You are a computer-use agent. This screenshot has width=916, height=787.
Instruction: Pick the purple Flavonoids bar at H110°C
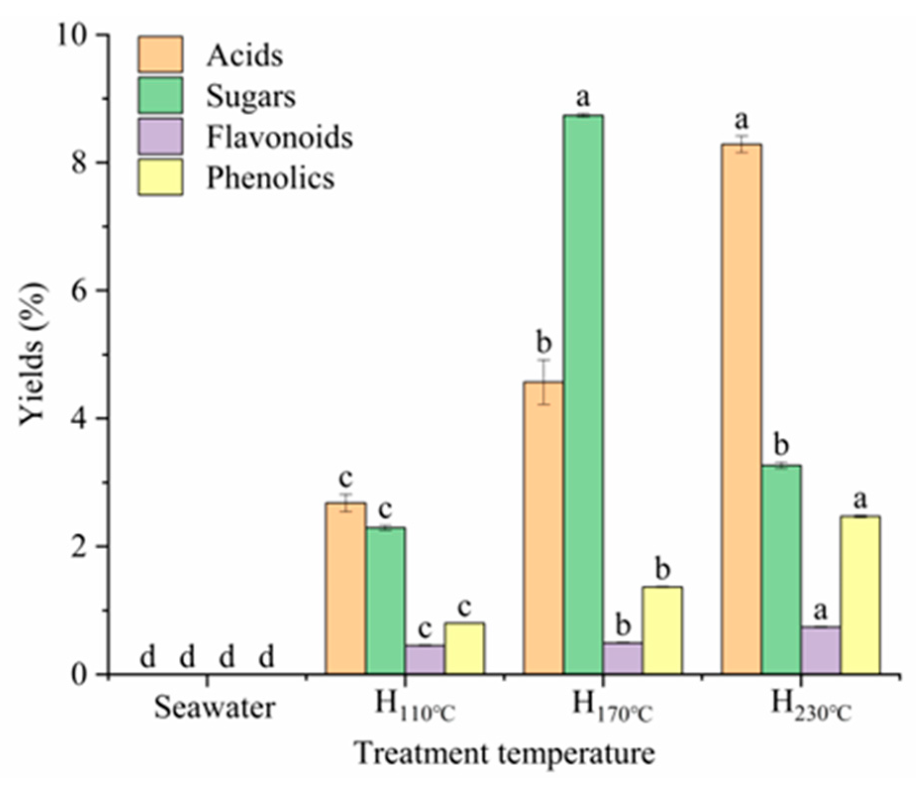coord(424,659)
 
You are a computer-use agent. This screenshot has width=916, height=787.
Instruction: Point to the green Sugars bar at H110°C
coord(385,600)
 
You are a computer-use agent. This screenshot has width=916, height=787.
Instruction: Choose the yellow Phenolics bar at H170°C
coord(662,630)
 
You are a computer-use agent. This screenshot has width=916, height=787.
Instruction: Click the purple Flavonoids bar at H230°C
coord(820,650)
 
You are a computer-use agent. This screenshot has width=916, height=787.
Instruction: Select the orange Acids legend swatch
coord(160,54)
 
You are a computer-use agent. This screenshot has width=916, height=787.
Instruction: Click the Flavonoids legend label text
coord(279,137)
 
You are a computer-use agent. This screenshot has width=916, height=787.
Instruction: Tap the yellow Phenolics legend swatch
coord(160,177)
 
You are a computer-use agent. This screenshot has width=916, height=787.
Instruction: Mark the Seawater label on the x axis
coord(214,708)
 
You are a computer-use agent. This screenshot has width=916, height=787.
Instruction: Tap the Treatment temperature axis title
coord(504,754)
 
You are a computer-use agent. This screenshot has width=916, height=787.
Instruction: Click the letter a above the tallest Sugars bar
coord(583,97)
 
